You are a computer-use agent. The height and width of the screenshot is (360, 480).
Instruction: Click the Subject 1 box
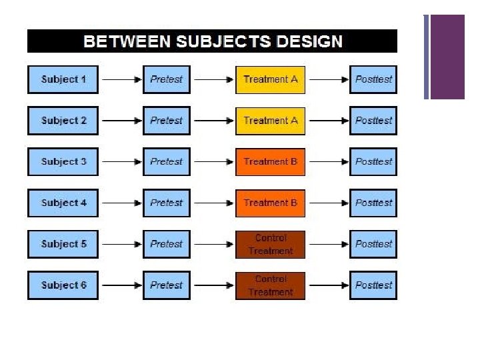tap(63, 79)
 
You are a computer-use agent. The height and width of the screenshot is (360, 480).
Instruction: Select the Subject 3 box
tap(63, 162)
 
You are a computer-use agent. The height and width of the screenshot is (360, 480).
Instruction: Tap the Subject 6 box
tap(63, 285)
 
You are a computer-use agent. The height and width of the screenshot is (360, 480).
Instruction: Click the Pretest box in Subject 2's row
tap(166, 121)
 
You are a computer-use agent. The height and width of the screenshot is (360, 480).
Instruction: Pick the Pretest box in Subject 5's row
tap(166, 244)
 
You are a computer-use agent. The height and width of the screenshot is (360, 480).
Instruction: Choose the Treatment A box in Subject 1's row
tap(270, 79)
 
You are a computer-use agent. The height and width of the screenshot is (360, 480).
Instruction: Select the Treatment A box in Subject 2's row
tap(270, 121)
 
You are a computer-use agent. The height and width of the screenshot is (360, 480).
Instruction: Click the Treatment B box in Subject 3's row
tap(270, 162)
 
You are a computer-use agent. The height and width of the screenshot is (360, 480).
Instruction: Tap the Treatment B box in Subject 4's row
tap(270, 203)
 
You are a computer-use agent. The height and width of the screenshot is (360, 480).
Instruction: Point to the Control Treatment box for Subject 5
tap(270, 244)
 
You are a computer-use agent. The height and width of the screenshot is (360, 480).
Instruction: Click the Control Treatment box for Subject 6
tap(270, 285)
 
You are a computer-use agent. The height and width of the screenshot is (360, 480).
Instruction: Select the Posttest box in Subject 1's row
tap(373, 79)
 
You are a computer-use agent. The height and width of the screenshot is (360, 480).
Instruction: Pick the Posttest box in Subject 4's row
tap(373, 203)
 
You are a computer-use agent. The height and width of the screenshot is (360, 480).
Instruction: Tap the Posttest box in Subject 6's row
tap(373, 285)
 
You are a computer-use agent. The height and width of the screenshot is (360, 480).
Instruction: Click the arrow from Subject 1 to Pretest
tap(120, 79)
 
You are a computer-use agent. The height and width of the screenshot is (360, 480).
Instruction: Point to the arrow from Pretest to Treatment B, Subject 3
tap(213, 162)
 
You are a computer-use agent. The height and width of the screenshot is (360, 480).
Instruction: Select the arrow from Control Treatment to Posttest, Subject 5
tap(327, 244)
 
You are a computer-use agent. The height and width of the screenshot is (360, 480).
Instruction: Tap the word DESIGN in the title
tap(311, 42)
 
